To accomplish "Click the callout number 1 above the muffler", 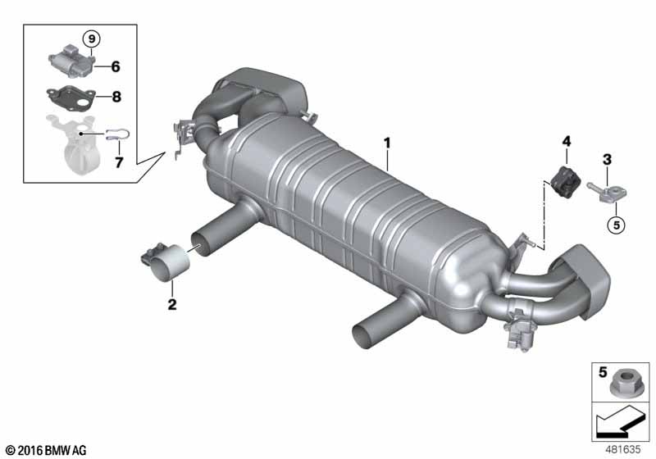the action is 387,143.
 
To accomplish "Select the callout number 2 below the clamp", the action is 172,304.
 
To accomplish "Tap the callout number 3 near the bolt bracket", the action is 607,159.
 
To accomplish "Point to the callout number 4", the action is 566,142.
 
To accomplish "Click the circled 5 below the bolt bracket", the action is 617,225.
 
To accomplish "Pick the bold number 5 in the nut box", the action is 603,372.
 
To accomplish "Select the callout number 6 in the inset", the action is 116,66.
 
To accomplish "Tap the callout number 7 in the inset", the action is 119,162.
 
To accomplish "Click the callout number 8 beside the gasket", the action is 116,97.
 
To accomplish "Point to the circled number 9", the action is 92,39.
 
